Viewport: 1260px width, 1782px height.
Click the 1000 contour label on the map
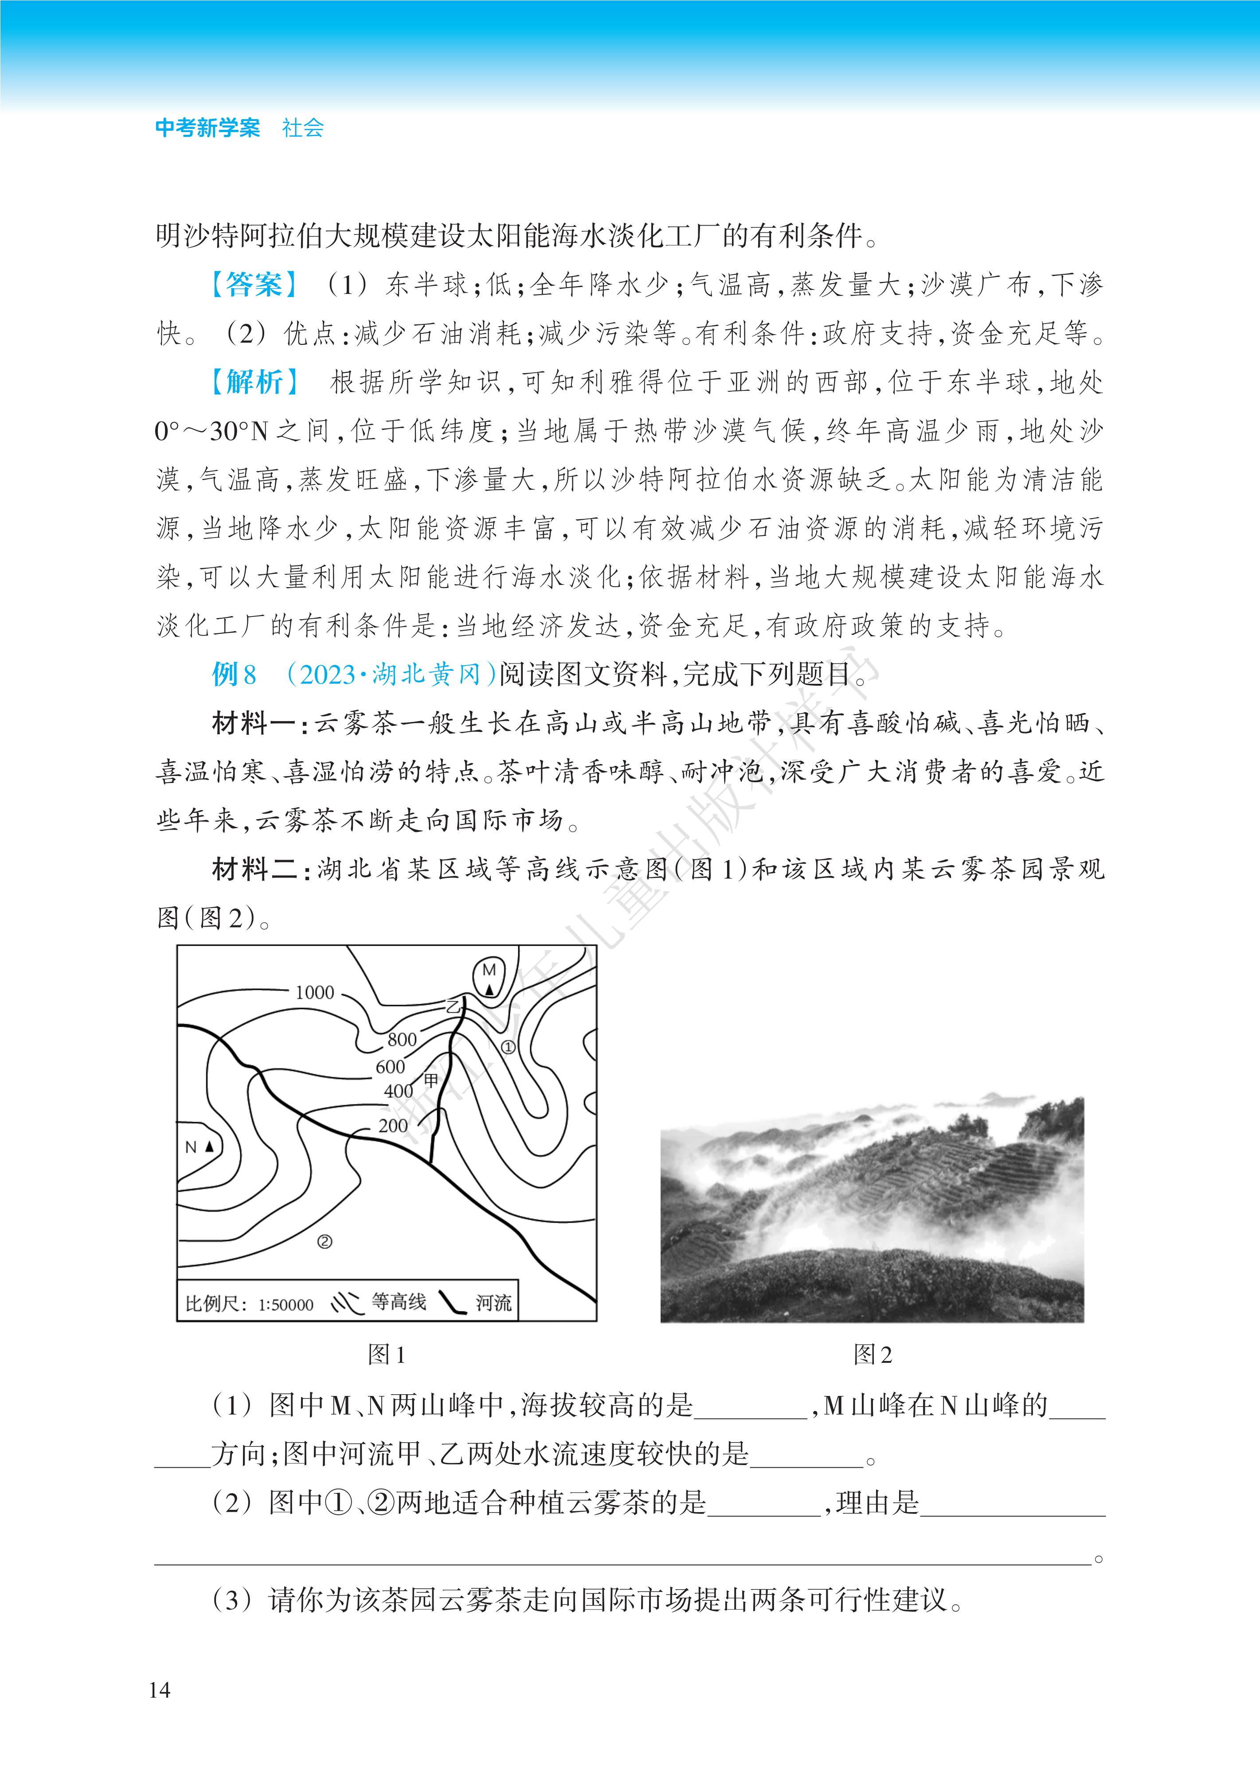point(314,992)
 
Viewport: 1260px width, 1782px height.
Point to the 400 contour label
point(398,1091)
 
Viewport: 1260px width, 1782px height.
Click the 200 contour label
point(393,1125)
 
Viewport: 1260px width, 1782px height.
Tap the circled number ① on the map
point(508,1047)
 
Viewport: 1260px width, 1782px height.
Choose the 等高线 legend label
point(398,1302)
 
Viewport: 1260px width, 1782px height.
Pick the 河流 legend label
point(493,1302)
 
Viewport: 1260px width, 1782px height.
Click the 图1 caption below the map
point(386,1354)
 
